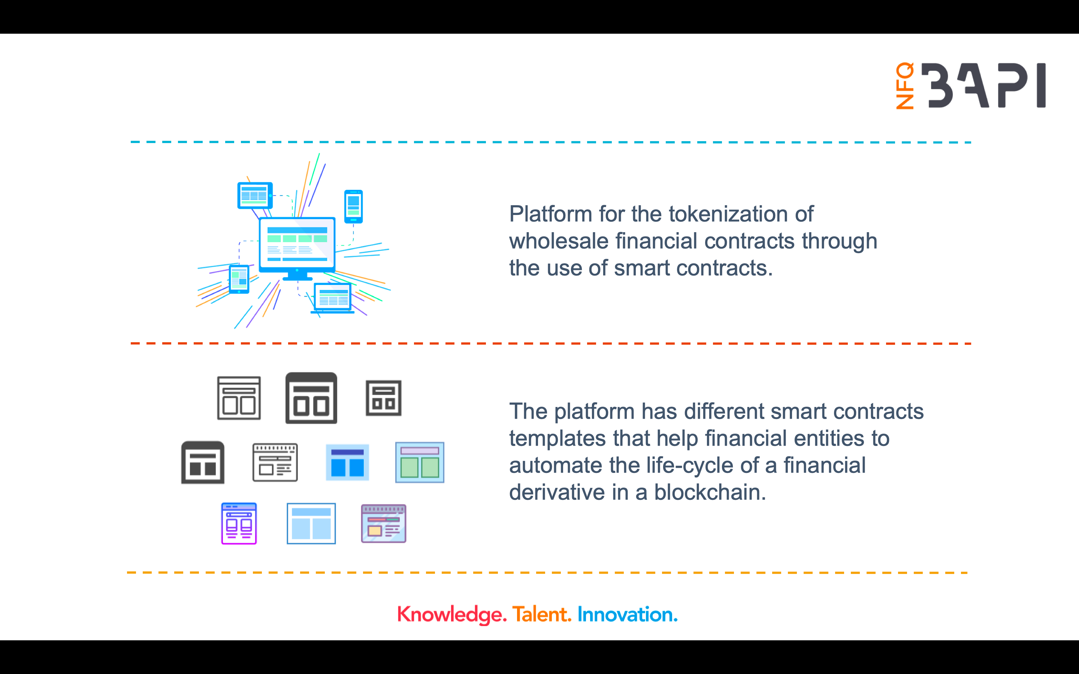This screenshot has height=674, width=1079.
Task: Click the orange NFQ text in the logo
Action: [x=905, y=86]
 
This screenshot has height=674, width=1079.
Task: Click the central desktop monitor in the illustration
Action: [x=297, y=245]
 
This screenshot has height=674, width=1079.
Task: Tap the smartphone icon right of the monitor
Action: [x=354, y=206]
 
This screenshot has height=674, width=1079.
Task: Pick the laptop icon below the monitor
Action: [x=333, y=298]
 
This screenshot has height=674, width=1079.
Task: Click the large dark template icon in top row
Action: [x=311, y=398]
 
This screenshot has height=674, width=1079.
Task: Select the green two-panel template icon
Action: [x=420, y=462]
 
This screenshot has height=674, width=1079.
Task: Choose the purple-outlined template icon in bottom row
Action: [x=239, y=523]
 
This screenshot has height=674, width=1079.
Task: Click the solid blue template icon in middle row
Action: [x=347, y=462]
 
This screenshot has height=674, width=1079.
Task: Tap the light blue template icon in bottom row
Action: [x=311, y=523]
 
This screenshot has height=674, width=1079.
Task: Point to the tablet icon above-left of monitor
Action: [x=255, y=195]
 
